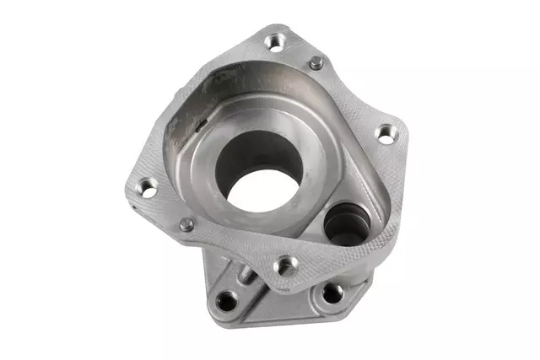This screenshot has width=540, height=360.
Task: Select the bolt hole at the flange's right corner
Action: tap(384, 132)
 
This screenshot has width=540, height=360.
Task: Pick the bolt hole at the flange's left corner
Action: tap(146, 187)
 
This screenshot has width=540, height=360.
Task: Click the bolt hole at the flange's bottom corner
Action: tap(287, 266)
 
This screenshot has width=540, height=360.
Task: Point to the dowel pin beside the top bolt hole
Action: tap(315, 62)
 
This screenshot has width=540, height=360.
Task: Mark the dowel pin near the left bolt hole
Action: tap(187, 223)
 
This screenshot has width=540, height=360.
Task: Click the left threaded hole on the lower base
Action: tap(226, 299)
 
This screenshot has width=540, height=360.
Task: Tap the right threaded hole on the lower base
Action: tap(333, 293)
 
